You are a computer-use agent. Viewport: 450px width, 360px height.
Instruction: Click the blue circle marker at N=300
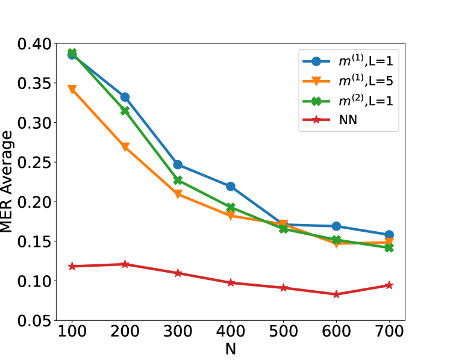pyautogui.click(x=178, y=164)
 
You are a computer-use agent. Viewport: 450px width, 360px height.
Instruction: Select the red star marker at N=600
pyautogui.click(x=336, y=294)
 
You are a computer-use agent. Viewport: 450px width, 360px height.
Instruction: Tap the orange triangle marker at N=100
pyautogui.click(x=72, y=90)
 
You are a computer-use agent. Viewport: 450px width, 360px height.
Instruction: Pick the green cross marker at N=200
pyautogui.click(x=125, y=111)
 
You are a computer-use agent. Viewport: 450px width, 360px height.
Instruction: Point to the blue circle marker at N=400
pyautogui.click(x=231, y=187)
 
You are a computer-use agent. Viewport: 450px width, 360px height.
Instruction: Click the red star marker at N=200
pyautogui.click(x=125, y=264)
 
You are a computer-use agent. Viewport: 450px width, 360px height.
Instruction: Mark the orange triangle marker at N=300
pyautogui.click(x=178, y=194)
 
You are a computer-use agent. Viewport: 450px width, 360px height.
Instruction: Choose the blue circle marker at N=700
pyautogui.click(x=389, y=235)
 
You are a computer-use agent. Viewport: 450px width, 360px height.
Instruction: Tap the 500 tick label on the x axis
pyautogui.click(x=283, y=333)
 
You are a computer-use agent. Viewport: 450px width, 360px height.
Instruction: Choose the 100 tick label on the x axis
pyautogui.click(x=72, y=333)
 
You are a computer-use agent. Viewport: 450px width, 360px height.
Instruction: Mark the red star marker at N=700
pyautogui.click(x=389, y=285)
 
